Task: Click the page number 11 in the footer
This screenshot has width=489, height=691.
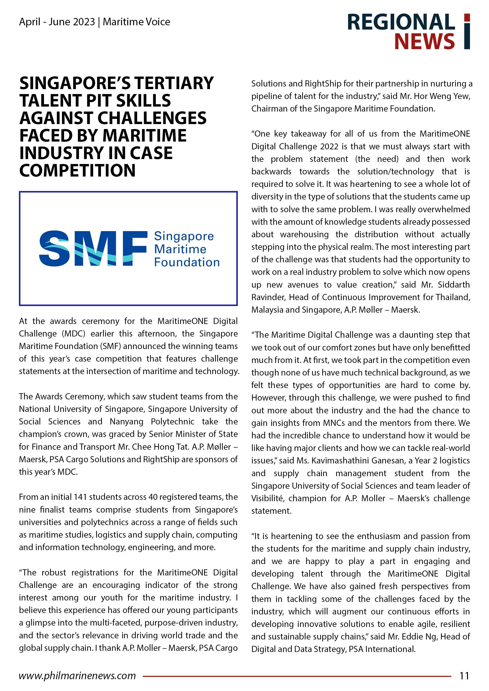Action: pos(464,676)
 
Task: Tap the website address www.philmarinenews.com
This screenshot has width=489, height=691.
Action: pos(77,676)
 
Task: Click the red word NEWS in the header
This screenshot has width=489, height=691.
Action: pos(424,41)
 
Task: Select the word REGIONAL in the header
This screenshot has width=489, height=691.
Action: pos(401,22)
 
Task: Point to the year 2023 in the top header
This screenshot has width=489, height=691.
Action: pos(83,22)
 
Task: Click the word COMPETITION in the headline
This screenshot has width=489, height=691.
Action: pos(77,170)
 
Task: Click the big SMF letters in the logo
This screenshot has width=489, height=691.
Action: pos(93,249)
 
